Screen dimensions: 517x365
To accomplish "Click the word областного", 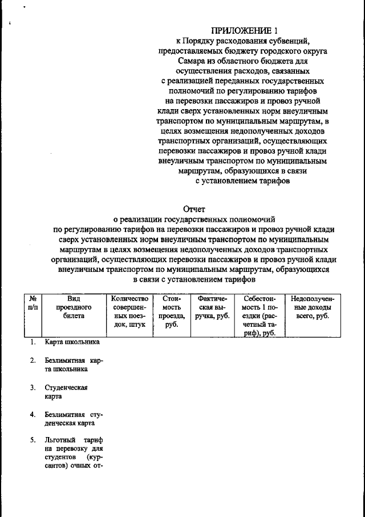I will point(245,61).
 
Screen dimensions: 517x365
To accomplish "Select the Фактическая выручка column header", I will point(212,307).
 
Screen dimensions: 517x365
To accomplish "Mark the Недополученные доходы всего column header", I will point(312,307).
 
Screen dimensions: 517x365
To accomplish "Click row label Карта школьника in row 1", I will point(72,342).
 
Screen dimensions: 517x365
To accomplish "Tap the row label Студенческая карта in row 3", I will point(66,392).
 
